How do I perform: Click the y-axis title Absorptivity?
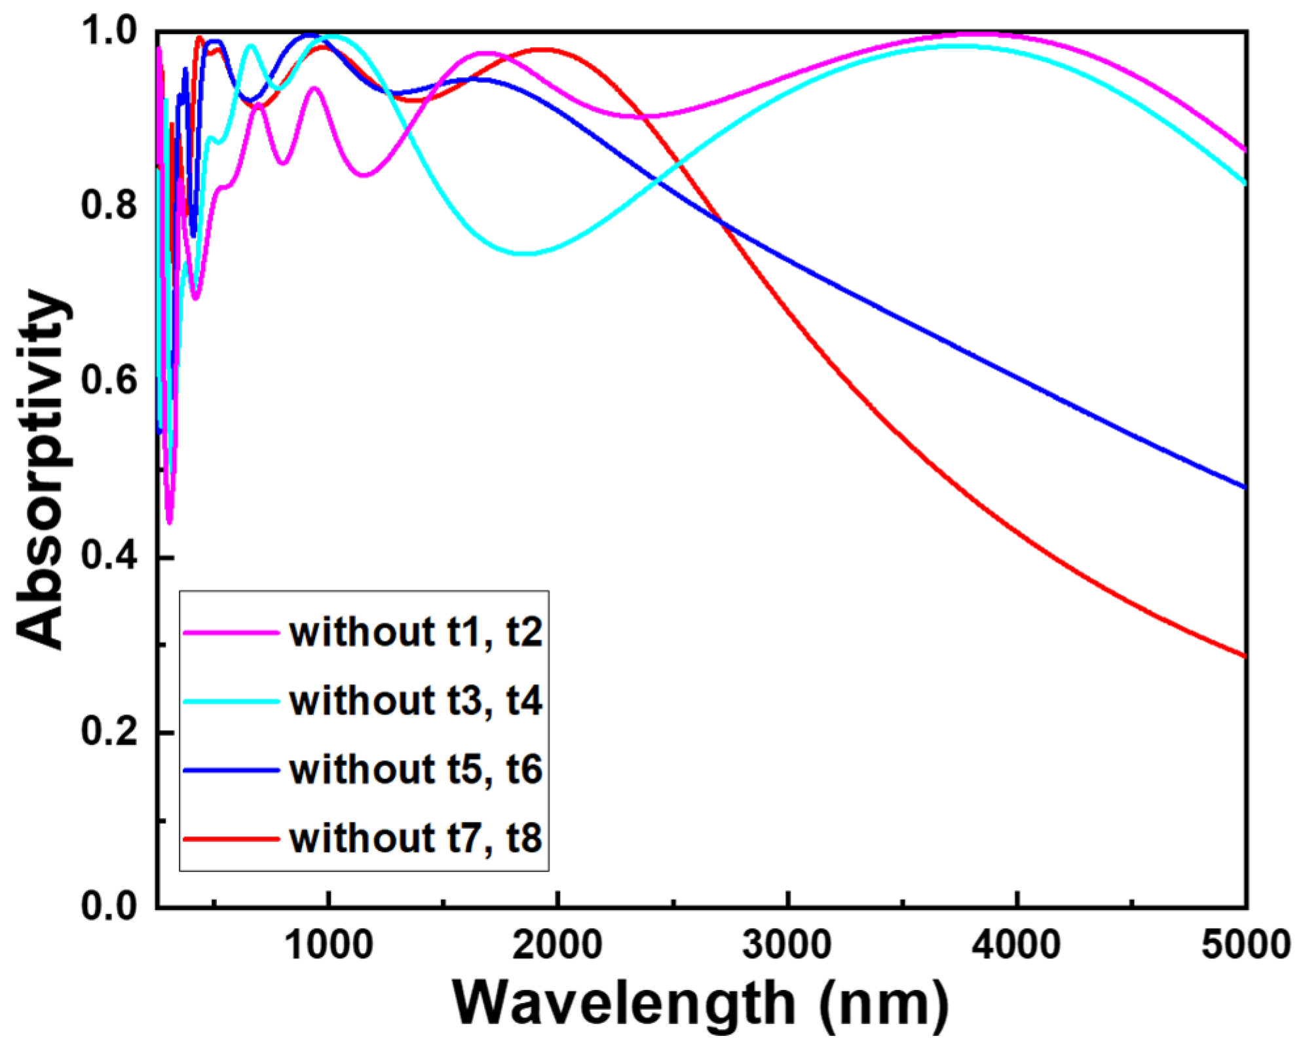[41, 468]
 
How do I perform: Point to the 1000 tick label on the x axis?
[330, 945]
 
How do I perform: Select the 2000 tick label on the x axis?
[557, 945]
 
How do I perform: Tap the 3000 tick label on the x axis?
[787, 945]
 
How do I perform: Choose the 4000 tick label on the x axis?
[1016, 945]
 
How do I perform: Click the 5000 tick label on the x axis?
[1245, 945]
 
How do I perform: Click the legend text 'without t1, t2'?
[416, 632]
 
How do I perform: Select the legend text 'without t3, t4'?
[416, 701]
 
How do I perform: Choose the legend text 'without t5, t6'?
[416, 769]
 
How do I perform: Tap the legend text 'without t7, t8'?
[416, 838]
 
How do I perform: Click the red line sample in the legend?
[231, 839]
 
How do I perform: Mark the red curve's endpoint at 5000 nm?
[1243, 656]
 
